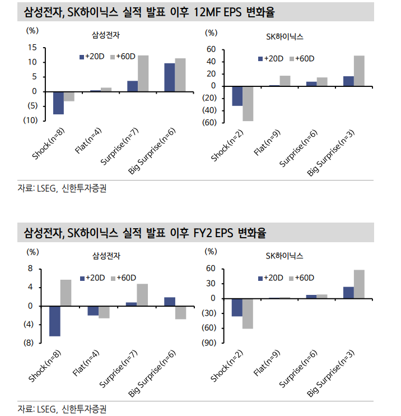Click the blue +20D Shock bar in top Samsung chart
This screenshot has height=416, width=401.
(x=58, y=103)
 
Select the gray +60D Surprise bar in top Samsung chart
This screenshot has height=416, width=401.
(x=143, y=73)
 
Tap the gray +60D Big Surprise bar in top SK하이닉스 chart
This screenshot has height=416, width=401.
(x=359, y=71)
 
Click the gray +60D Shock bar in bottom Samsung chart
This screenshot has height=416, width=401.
(x=66, y=293)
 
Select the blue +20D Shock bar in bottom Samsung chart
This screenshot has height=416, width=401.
(x=55, y=321)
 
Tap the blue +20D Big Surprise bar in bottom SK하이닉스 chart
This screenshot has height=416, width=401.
(x=348, y=293)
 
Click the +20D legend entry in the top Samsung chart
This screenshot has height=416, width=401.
(x=91, y=57)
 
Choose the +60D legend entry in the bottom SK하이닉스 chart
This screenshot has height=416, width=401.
(x=304, y=278)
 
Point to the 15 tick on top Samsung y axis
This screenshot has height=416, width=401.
(x=32, y=48)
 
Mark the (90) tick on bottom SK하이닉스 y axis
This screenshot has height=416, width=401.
(x=208, y=342)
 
